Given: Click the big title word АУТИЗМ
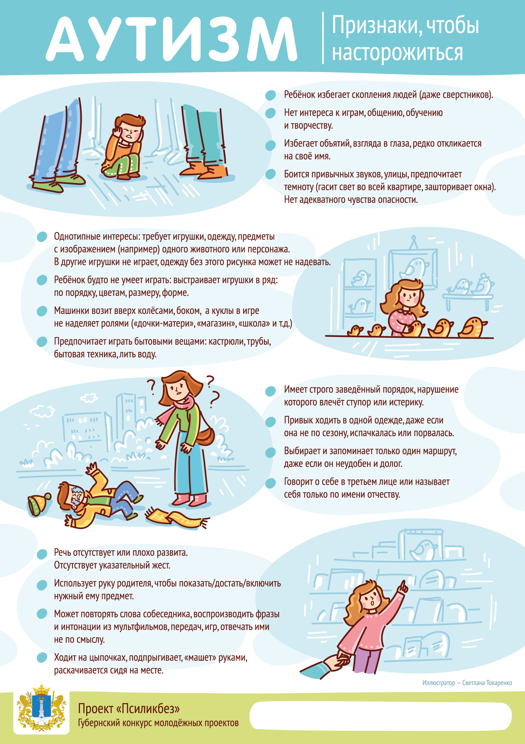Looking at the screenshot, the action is [171, 39].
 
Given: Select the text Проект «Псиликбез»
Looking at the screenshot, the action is [129, 709].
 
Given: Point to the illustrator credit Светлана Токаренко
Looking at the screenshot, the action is [487, 683].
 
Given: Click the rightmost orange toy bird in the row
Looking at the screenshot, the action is [472, 328].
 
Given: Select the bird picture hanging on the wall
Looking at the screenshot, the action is [413, 269].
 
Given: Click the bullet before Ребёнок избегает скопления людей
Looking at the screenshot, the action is [270, 95].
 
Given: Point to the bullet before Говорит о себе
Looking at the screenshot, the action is [270, 483].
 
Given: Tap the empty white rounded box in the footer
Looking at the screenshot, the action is [380, 716].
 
